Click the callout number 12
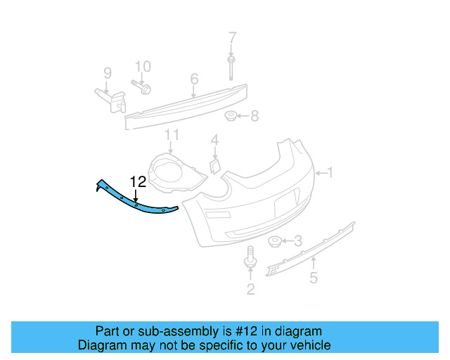coord(137,181)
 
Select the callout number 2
coord(250,289)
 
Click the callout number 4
coord(314,278)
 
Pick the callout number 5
coord(194,79)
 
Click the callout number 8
coord(108,72)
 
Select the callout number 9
coord(143,67)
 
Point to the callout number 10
coord(172,134)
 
